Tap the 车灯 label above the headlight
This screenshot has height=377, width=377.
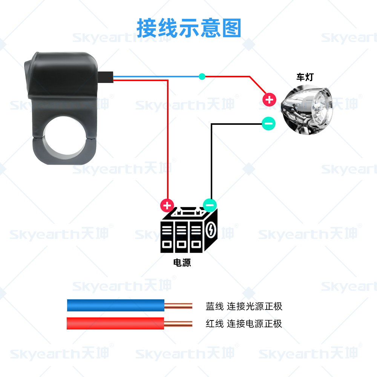click(x=305, y=78)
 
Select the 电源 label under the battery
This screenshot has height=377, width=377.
click(x=182, y=263)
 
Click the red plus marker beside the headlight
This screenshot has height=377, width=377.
click(x=269, y=100)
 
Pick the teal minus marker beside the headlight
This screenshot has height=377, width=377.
click(x=268, y=123)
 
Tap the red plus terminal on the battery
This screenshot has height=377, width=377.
click(x=167, y=205)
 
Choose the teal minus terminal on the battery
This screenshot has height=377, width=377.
click(x=210, y=205)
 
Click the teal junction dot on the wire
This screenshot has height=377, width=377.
click(x=202, y=77)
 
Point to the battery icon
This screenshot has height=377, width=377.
click(x=188, y=230)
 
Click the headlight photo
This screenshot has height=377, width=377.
click(x=307, y=107)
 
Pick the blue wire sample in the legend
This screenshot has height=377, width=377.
click(x=115, y=305)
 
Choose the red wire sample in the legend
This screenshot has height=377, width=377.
click(x=115, y=323)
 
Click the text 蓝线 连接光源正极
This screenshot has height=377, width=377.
click(x=244, y=306)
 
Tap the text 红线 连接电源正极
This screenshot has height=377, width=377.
click(x=244, y=323)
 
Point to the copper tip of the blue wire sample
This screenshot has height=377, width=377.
click(x=178, y=306)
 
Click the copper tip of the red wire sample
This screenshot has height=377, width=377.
click(x=178, y=323)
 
